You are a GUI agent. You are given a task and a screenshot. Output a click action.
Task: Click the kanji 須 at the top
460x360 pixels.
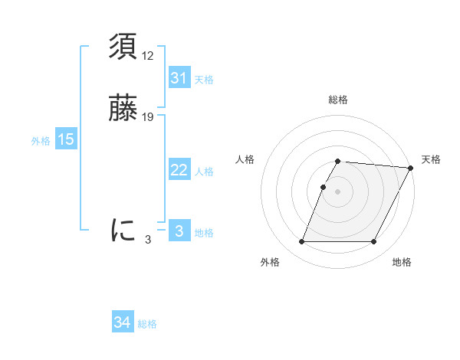tap(123, 48)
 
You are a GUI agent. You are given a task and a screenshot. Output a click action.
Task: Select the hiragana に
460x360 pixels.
tap(123, 229)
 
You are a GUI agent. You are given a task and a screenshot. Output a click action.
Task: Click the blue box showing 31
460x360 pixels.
tap(179, 78)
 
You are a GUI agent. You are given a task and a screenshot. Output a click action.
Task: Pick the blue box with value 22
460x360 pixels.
tap(179, 170)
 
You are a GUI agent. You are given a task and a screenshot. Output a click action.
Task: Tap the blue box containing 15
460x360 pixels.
tap(66, 139)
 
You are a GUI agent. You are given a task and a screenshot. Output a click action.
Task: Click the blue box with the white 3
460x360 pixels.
tap(179, 231)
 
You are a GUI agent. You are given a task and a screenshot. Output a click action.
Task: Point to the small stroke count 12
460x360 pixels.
tap(149, 55)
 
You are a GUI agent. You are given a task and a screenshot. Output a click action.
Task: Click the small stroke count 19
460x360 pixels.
tap(149, 117)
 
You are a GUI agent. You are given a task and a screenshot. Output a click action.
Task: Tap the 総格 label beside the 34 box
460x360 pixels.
tap(148, 324)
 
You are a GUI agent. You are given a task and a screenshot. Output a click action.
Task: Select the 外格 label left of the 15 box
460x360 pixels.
tap(41, 141)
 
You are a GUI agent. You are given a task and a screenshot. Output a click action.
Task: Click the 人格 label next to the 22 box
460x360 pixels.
tap(205, 172)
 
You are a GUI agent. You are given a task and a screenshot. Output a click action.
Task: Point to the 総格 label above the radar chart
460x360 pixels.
tap(338, 100)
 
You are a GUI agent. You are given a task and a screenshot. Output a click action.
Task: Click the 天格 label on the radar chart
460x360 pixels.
tap(432, 159)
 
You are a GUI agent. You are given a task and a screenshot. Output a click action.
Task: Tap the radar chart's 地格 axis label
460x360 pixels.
tap(402, 263)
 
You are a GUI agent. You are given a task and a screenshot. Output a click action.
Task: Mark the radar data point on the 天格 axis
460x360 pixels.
tap(410, 168)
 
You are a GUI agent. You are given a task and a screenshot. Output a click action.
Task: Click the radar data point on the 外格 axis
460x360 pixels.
tap(302, 242)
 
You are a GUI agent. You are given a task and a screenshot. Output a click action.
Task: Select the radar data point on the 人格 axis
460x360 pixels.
tap(324, 187)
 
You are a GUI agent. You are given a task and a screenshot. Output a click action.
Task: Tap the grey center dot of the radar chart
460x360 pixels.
tap(338, 191)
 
